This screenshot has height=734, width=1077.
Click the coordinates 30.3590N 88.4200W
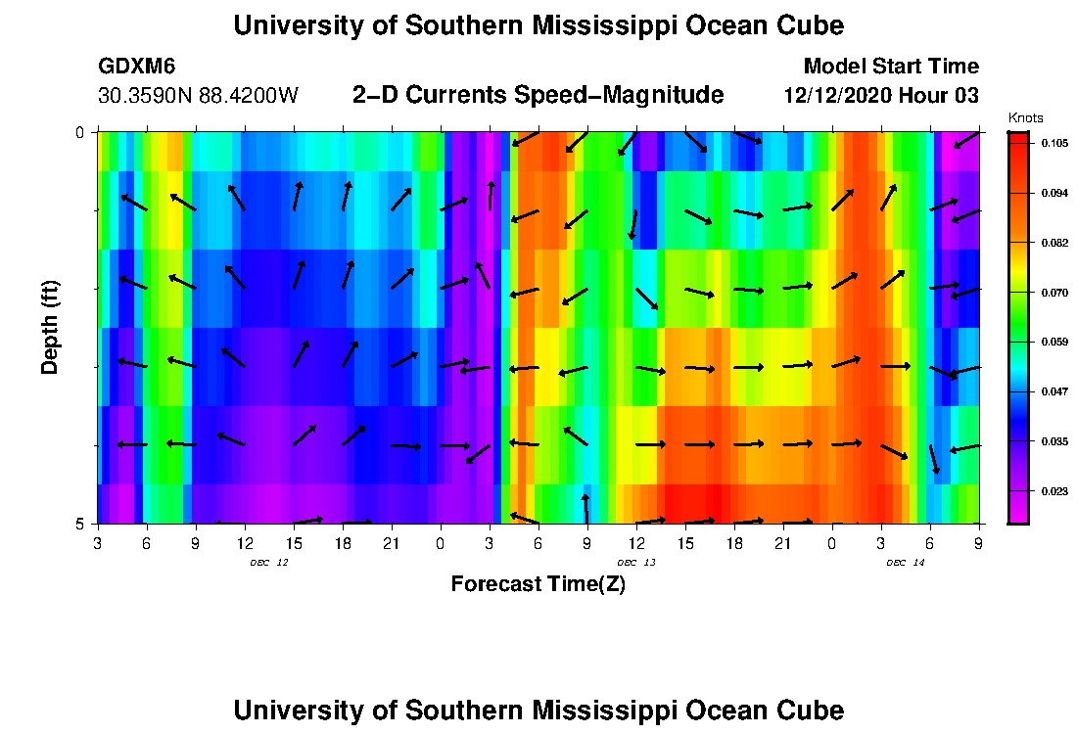199,96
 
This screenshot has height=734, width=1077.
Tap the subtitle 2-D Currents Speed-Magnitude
538,95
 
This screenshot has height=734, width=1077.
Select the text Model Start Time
890,67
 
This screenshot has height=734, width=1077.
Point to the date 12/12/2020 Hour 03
881,96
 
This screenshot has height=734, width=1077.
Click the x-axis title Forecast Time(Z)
538,584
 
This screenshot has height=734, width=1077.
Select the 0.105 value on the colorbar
1054,143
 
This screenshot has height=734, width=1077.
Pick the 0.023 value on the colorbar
1054,491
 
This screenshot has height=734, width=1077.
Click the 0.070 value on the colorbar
1054,293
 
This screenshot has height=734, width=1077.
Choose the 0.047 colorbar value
1054,391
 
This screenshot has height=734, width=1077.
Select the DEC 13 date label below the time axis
636,563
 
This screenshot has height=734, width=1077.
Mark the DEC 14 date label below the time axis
906,563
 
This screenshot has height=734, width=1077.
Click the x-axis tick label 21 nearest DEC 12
391,543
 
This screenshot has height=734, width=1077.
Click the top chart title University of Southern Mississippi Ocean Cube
538,25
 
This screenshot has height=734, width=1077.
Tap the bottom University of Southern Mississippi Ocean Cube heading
538,710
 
